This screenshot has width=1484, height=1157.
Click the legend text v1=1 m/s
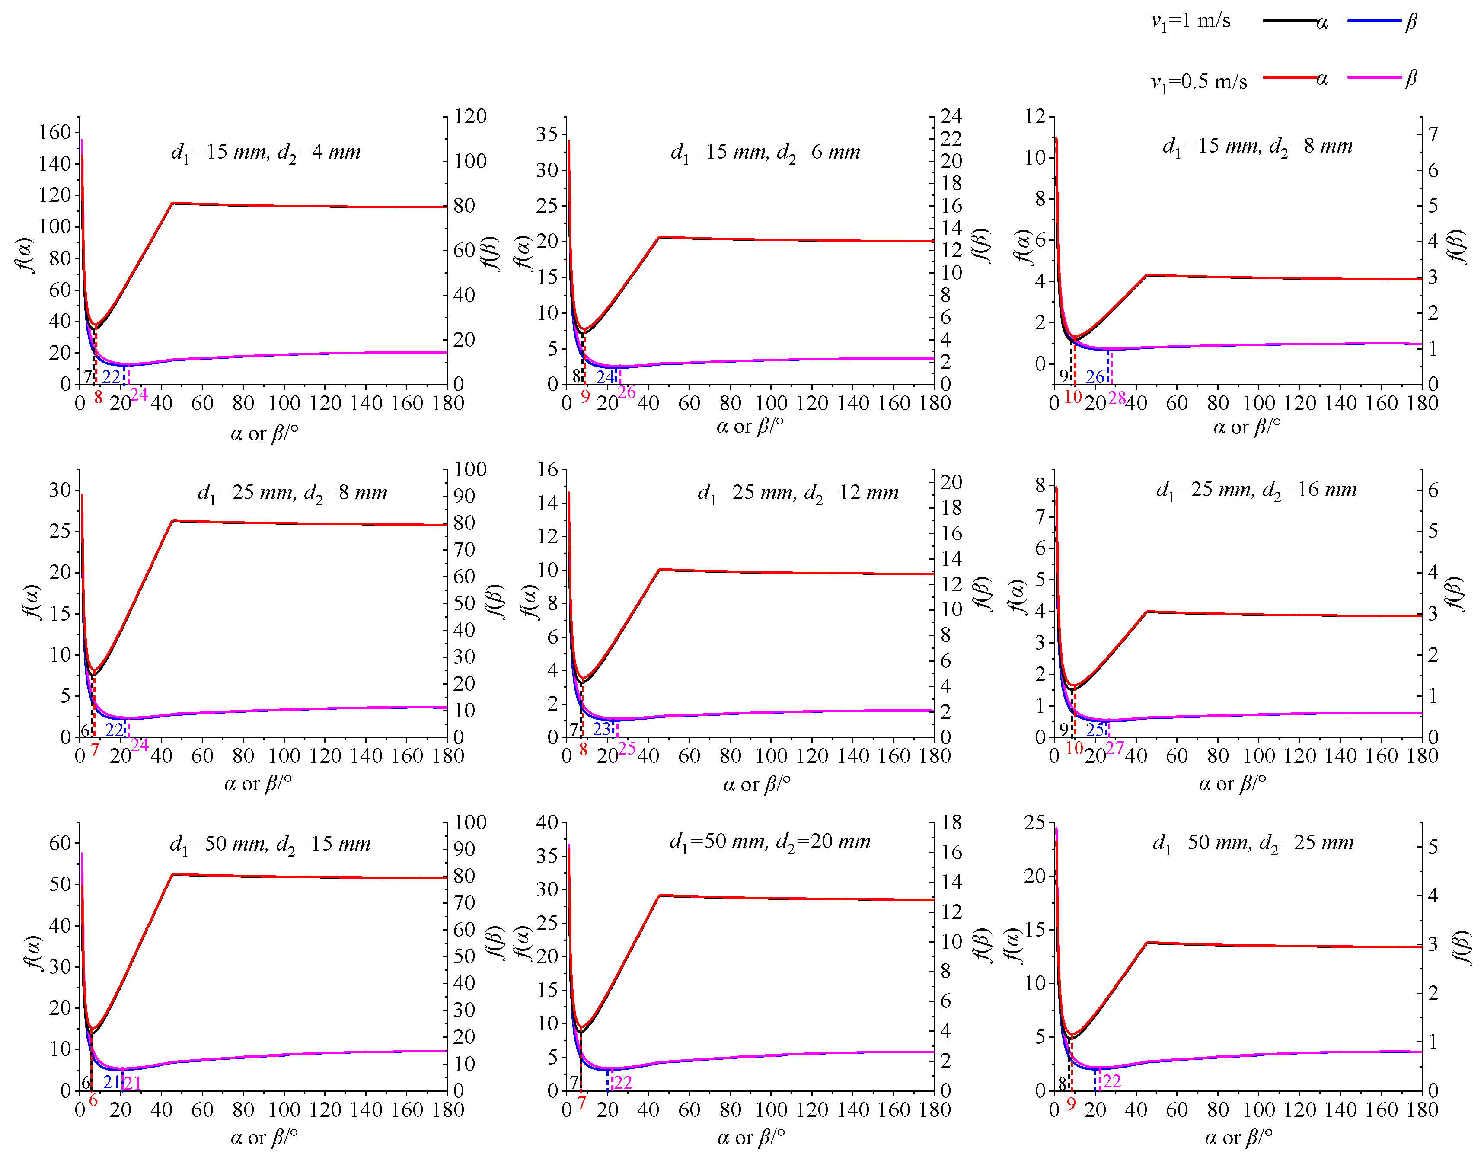pyautogui.click(x=1190, y=21)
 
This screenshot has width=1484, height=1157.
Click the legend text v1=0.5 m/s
pyautogui.click(x=1199, y=82)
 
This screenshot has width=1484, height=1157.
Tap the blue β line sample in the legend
pyautogui.click(x=1374, y=21)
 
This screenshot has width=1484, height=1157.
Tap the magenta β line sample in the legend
pyautogui.click(x=1374, y=77)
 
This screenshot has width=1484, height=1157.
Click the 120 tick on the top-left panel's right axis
pyautogui.click(x=470, y=116)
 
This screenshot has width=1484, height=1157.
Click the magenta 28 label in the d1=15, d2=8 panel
pyautogui.click(x=1117, y=398)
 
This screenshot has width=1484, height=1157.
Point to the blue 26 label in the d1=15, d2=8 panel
pyautogui.click(x=1095, y=376)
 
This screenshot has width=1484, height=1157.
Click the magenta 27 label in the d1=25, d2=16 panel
pyautogui.click(x=1115, y=748)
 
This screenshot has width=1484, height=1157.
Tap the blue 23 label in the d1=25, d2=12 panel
pyautogui.click(x=602, y=729)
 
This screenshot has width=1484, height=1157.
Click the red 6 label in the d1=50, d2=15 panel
pyautogui.click(x=93, y=1101)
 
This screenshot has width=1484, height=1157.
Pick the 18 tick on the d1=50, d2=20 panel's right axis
pyautogui.click(x=951, y=823)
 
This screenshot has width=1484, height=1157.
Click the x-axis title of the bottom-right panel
pyautogui.click(x=1238, y=1137)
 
